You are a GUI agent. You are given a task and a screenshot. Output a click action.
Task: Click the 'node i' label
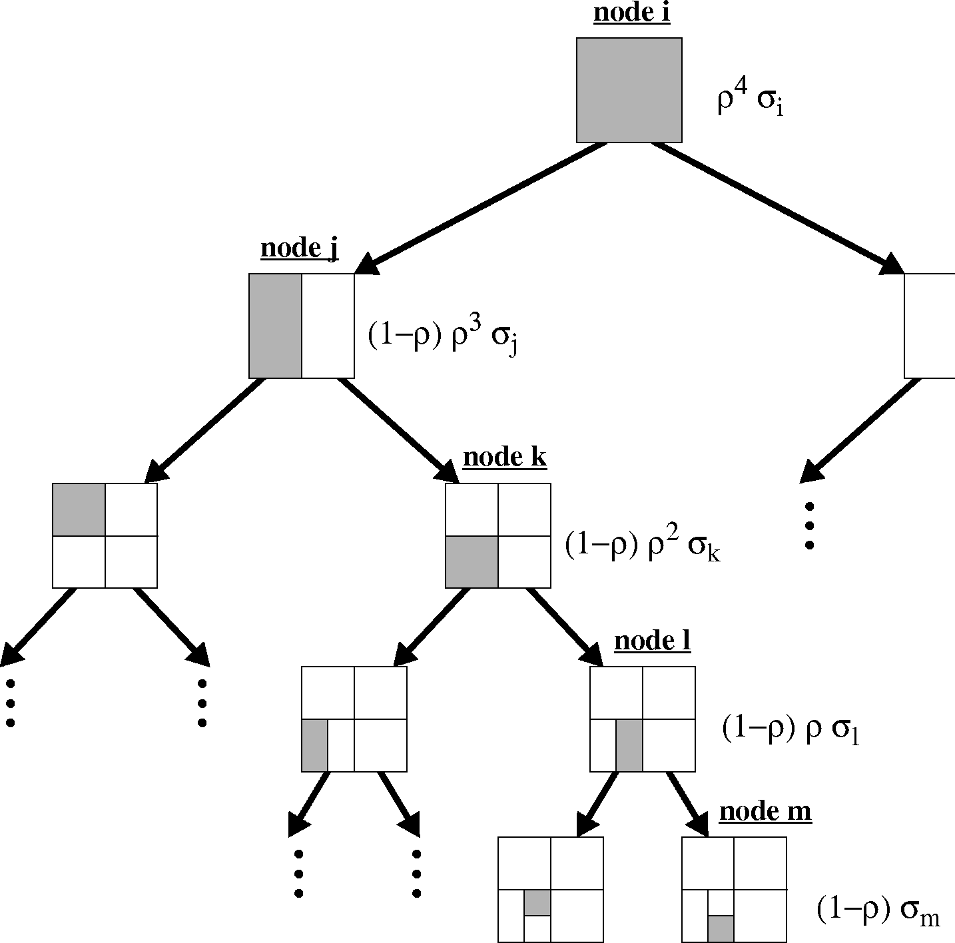point(631,13)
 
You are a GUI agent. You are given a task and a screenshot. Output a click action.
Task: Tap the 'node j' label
point(299,249)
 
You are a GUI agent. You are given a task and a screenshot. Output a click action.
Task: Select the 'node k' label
point(505,458)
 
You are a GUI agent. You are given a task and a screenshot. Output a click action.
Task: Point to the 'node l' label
point(652,641)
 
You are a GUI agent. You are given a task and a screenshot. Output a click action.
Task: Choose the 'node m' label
point(765,812)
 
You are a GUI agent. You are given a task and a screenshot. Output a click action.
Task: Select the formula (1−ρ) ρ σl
point(790,730)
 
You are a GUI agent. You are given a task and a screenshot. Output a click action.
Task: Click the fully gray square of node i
point(629,90)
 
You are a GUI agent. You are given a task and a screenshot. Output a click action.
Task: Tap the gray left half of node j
point(275,326)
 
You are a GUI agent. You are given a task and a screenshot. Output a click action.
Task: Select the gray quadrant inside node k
point(472,562)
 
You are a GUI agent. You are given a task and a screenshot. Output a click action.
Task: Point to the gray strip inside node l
point(629,745)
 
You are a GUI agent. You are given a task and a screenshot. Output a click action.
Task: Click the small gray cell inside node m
point(721,929)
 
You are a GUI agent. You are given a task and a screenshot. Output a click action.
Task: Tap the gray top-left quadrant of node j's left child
point(79,509)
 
